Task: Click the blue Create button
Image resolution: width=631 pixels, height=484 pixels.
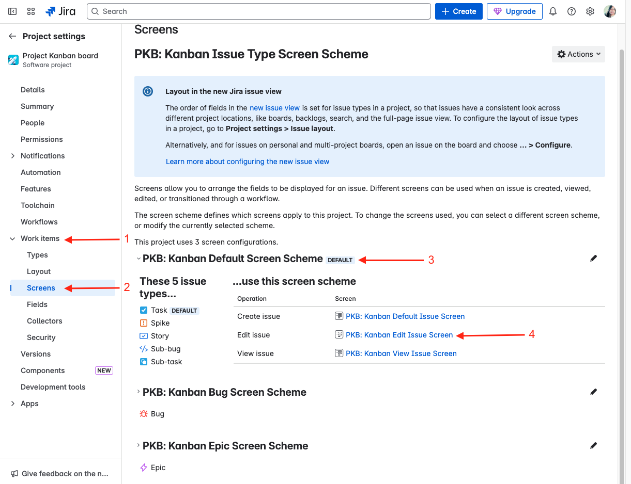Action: [x=458, y=11]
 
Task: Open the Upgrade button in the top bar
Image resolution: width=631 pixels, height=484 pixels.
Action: [x=514, y=11]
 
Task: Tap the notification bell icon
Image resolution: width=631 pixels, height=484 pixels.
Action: [x=552, y=11]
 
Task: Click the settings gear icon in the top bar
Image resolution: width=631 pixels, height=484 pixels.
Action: [x=590, y=11]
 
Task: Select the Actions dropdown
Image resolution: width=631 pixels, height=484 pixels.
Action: [x=578, y=54]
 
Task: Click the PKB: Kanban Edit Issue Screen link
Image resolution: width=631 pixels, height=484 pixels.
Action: [x=399, y=335]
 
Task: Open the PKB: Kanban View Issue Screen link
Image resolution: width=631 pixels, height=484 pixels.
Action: [x=401, y=353]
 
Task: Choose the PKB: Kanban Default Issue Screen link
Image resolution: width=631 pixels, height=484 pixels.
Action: [x=405, y=316]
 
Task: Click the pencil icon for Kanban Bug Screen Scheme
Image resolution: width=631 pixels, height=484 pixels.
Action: [x=593, y=392]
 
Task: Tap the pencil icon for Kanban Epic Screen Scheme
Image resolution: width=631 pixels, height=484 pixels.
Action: [x=593, y=445]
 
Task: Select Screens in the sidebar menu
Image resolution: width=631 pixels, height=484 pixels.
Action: [x=41, y=288]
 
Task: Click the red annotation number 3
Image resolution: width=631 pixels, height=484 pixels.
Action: [x=431, y=260]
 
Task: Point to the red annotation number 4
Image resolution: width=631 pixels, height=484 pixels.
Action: [x=532, y=334]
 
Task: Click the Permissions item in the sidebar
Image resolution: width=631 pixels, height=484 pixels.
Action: [x=41, y=139]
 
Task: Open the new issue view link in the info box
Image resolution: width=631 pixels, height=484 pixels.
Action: [x=274, y=108]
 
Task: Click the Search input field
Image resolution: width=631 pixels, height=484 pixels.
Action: [x=258, y=11]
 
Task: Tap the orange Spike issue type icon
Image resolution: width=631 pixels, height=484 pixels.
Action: [x=144, y=323]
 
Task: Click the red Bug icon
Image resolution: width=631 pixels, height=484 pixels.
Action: [x=144, y=414]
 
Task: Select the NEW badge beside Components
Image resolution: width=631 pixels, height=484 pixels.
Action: [x=104, y=370]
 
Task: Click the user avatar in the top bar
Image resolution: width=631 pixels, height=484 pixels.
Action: [x=609, y=11]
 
